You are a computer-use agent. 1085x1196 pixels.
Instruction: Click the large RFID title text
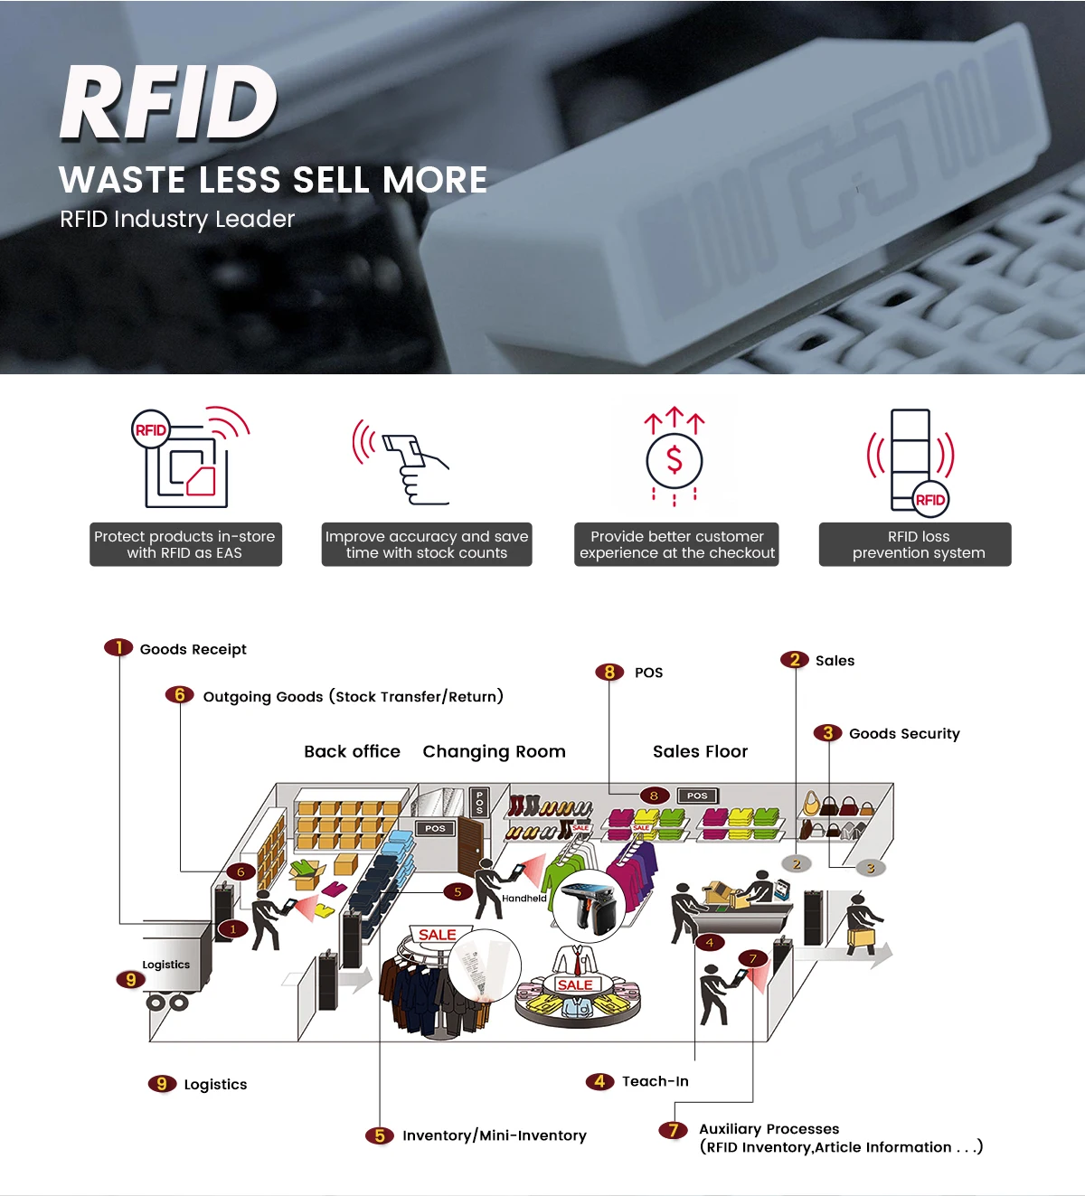click(169, 103)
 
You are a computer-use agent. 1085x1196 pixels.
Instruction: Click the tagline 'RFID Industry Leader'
click(177, 220)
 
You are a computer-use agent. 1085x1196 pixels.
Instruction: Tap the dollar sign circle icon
click(674, 460)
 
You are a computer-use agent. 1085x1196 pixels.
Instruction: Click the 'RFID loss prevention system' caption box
click(915, 544)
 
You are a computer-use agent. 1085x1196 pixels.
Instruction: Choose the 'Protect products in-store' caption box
click(185, 544)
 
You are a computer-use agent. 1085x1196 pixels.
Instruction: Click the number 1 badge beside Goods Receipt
click(118, 647)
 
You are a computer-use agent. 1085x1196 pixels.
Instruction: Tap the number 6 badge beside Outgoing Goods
click(179, 694)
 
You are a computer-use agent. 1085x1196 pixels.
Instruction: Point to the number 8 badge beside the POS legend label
click(609, 672)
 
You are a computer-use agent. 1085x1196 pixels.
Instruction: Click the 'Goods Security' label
click(904, 733)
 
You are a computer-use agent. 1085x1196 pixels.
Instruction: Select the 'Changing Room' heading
click(494, 751)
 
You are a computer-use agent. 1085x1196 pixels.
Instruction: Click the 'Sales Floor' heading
click(700, 751)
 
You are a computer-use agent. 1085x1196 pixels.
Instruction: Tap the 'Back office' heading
click(352, 751)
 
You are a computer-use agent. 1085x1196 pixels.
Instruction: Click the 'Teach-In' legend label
click(655, 1081)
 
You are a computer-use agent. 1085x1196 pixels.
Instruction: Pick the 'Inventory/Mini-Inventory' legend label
click(494, 1135)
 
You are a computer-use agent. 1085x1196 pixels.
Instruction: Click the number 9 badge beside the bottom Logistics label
click(161, 1084)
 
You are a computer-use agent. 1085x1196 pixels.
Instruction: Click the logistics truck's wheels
click(167, 1002)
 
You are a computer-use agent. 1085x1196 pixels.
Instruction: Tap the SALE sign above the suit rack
click(438, 935)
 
